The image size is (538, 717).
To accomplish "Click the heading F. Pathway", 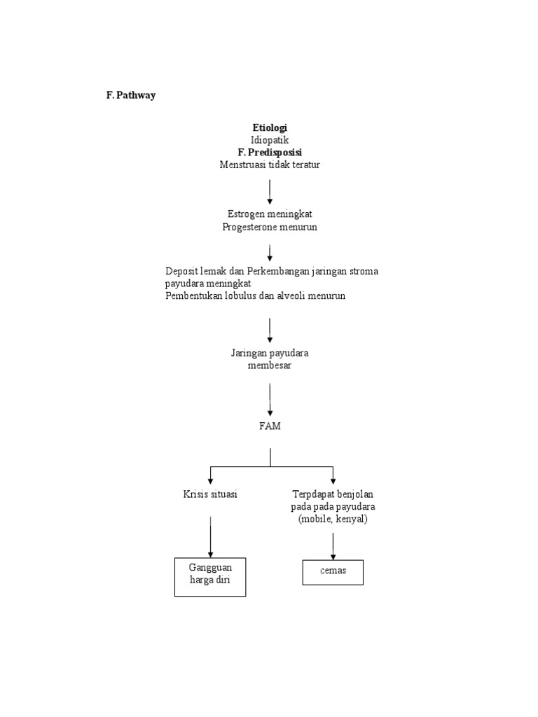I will click(x=131, y=96).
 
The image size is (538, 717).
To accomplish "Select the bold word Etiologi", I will click(x=270, y=127).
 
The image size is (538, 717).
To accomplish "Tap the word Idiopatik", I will click(x=270, y=139).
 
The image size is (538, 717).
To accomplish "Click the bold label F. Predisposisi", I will click(x=270, y=152).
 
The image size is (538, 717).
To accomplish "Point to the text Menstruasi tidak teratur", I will click(x=270, y=165).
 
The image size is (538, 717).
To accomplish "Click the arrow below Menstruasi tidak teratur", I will click(x=270, y=192).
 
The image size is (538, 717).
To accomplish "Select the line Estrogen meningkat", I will click(x=270, y=214).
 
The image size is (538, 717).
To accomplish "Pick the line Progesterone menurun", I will click(x=270, y=227).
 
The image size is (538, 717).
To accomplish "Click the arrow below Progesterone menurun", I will click(x=270, y=253).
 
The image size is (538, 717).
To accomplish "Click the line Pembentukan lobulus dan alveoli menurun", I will click(x=255, y=296).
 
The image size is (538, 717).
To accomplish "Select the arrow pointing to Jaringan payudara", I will click(x=270, y=330).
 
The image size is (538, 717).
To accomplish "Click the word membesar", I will click(x=270, y=366).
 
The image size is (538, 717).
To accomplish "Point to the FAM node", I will click(x=270, y=426).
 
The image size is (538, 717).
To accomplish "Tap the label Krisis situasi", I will click(x=209, y=494).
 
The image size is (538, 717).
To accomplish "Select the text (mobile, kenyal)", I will click(x=332, y=520).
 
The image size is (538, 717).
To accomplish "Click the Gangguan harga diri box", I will click(x=210, y=576).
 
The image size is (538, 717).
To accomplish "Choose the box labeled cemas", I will click(x=333, y=572).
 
